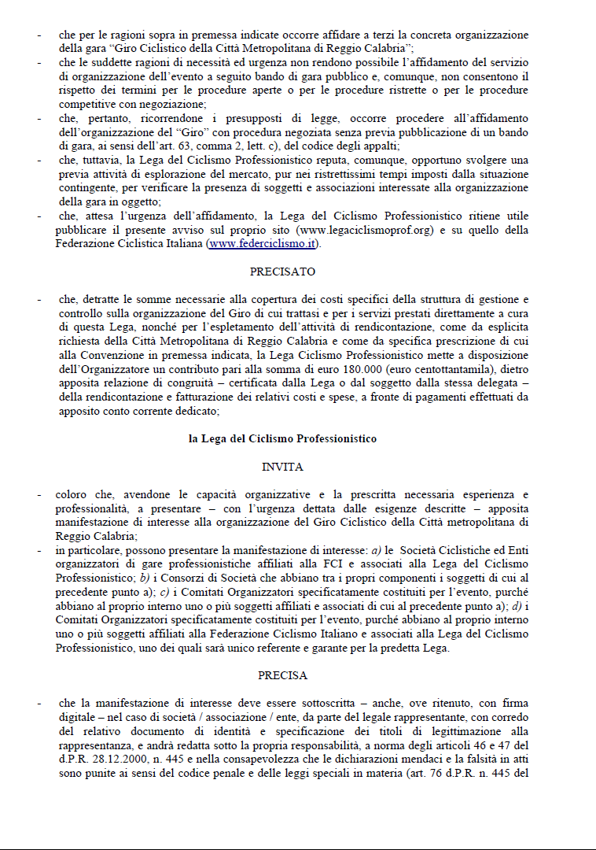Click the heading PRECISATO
tap(282, 272)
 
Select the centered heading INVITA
tap(282, 467)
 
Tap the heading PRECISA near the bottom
tap(282, 675)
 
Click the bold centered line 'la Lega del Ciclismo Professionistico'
tap(282, 438)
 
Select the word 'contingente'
tap(89, 188)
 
